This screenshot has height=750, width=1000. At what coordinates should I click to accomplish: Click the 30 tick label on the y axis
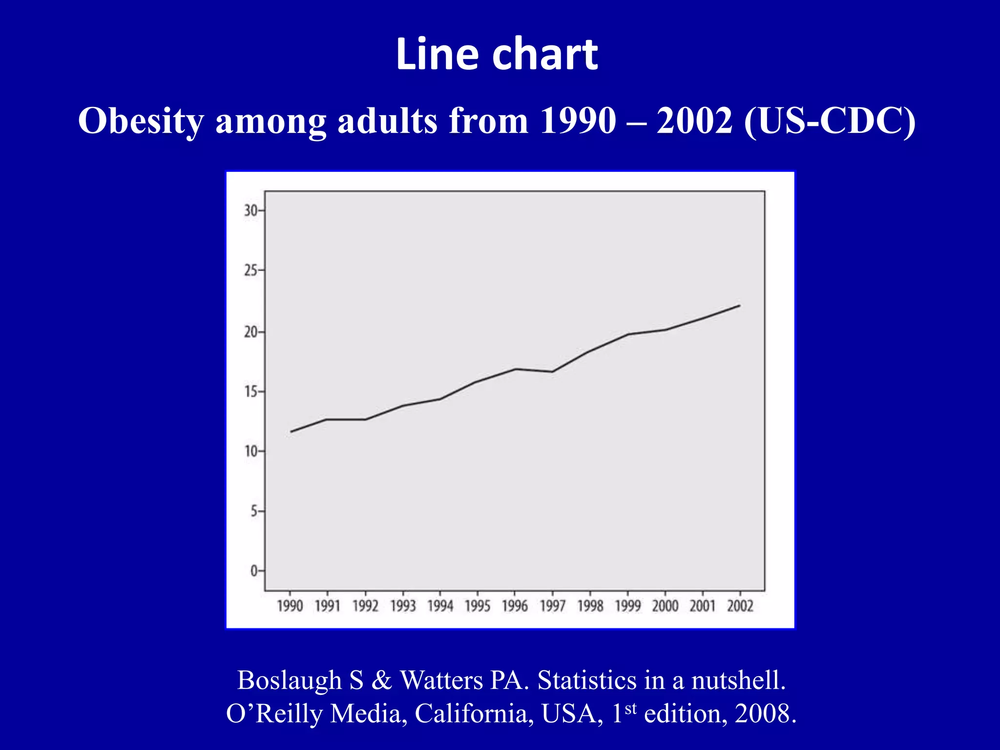point(250,211)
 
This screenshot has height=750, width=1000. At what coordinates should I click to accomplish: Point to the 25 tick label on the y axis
point(250,270)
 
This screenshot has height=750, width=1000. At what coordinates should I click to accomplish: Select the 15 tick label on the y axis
point(250,392)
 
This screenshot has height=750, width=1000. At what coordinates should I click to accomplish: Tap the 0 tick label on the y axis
point(254,571)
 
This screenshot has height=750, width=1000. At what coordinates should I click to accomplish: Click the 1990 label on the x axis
point(290,606)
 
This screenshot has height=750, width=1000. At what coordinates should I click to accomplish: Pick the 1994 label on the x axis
point(440,606)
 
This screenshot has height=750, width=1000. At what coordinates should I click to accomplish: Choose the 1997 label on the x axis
point(553,606)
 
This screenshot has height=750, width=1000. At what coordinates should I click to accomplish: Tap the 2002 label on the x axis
point(740,606)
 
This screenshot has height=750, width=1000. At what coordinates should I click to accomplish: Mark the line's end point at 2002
point(740,306)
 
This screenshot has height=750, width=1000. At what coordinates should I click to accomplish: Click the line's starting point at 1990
point(291,432)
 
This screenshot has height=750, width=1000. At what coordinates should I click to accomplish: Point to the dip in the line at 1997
point(552,372)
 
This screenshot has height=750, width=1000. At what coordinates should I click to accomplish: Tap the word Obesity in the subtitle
point(141,121)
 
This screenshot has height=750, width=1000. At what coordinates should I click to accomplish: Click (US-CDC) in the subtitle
point(830,121)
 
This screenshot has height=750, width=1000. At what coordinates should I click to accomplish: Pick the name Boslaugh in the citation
point(289,680)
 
